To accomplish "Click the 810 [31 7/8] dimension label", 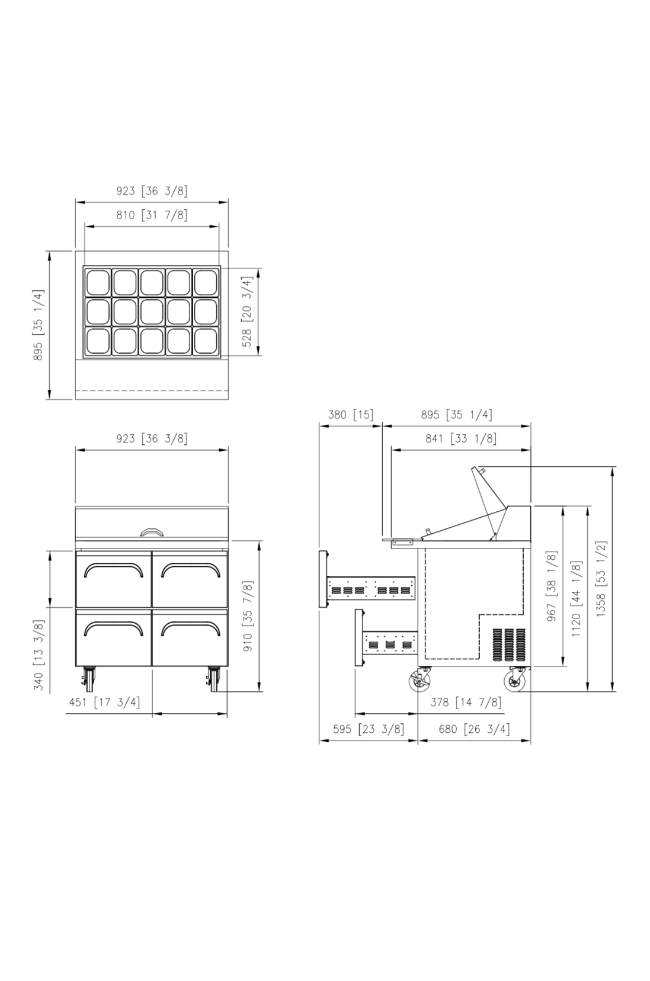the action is click(x=152, y=215).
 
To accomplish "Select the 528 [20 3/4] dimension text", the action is click(x=248, y=312).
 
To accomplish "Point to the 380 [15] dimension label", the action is click(x=351, y=414).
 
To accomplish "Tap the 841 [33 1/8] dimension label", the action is click(x=461, y=438).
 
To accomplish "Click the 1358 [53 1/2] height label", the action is click(x=601, y=579).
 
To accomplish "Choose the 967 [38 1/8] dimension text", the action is click(x=552, y=585).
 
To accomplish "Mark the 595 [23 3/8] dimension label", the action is click(x=369, y=729).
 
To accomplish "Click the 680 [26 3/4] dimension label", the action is click(x=475, y=729).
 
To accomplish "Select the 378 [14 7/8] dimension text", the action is click(x=466, y=702).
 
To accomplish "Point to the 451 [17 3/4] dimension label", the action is click(x=105, y=702).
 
